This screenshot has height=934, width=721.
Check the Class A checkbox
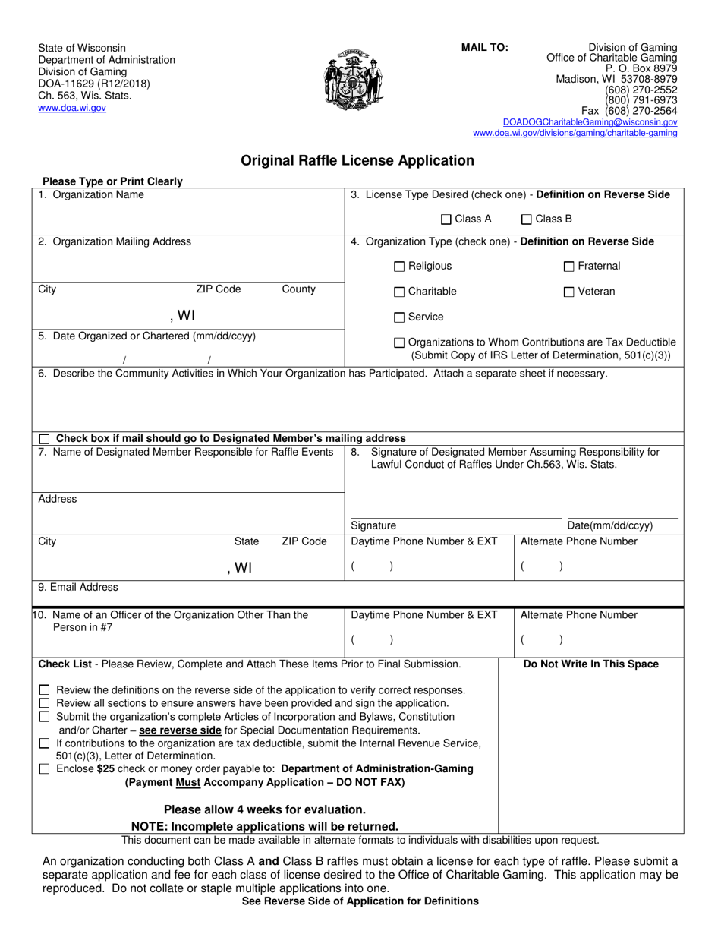click(446, 219)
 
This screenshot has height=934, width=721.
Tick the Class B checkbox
click(527, 219)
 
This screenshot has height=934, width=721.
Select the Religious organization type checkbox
click(400, 267)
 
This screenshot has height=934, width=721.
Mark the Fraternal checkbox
click(569, 267)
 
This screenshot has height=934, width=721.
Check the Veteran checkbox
click(569, 292)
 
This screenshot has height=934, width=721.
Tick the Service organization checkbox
click(400, 317)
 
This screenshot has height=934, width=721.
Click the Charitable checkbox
click(400, 292)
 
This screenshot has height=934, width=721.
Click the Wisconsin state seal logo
click(353, 80)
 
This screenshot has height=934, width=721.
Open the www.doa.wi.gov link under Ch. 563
click(72, 109)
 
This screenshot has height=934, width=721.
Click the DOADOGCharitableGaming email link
click(590, 122)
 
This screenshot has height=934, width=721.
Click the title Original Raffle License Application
click(357, 161)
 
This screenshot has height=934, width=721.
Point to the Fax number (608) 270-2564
click(629, 111)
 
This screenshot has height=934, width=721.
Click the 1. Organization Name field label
click(91, 195)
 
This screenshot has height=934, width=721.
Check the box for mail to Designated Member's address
click(44, 439)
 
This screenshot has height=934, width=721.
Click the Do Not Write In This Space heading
click(591, 664)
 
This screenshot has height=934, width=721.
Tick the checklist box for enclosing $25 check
click(44, 769)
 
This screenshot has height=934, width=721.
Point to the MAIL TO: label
click(485, 47)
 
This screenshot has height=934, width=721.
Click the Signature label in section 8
click(373, 525)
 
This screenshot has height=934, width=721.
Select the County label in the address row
click(298, 289)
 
